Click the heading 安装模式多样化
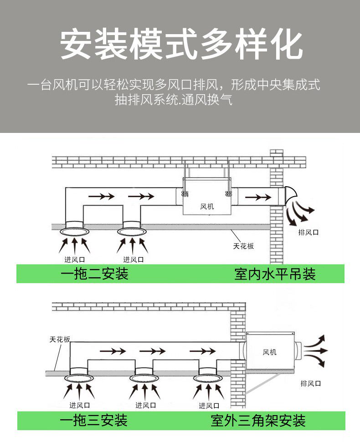181,45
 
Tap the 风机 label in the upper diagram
207,207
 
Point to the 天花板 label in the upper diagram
243,246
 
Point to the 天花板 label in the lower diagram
60,340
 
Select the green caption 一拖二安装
95,274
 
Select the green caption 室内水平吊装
275,274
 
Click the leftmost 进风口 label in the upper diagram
74,260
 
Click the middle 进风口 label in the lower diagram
145,405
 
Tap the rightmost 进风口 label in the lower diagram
209,405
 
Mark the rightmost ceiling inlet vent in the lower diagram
208,377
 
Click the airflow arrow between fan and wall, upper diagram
257,197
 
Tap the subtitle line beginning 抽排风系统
173,100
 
